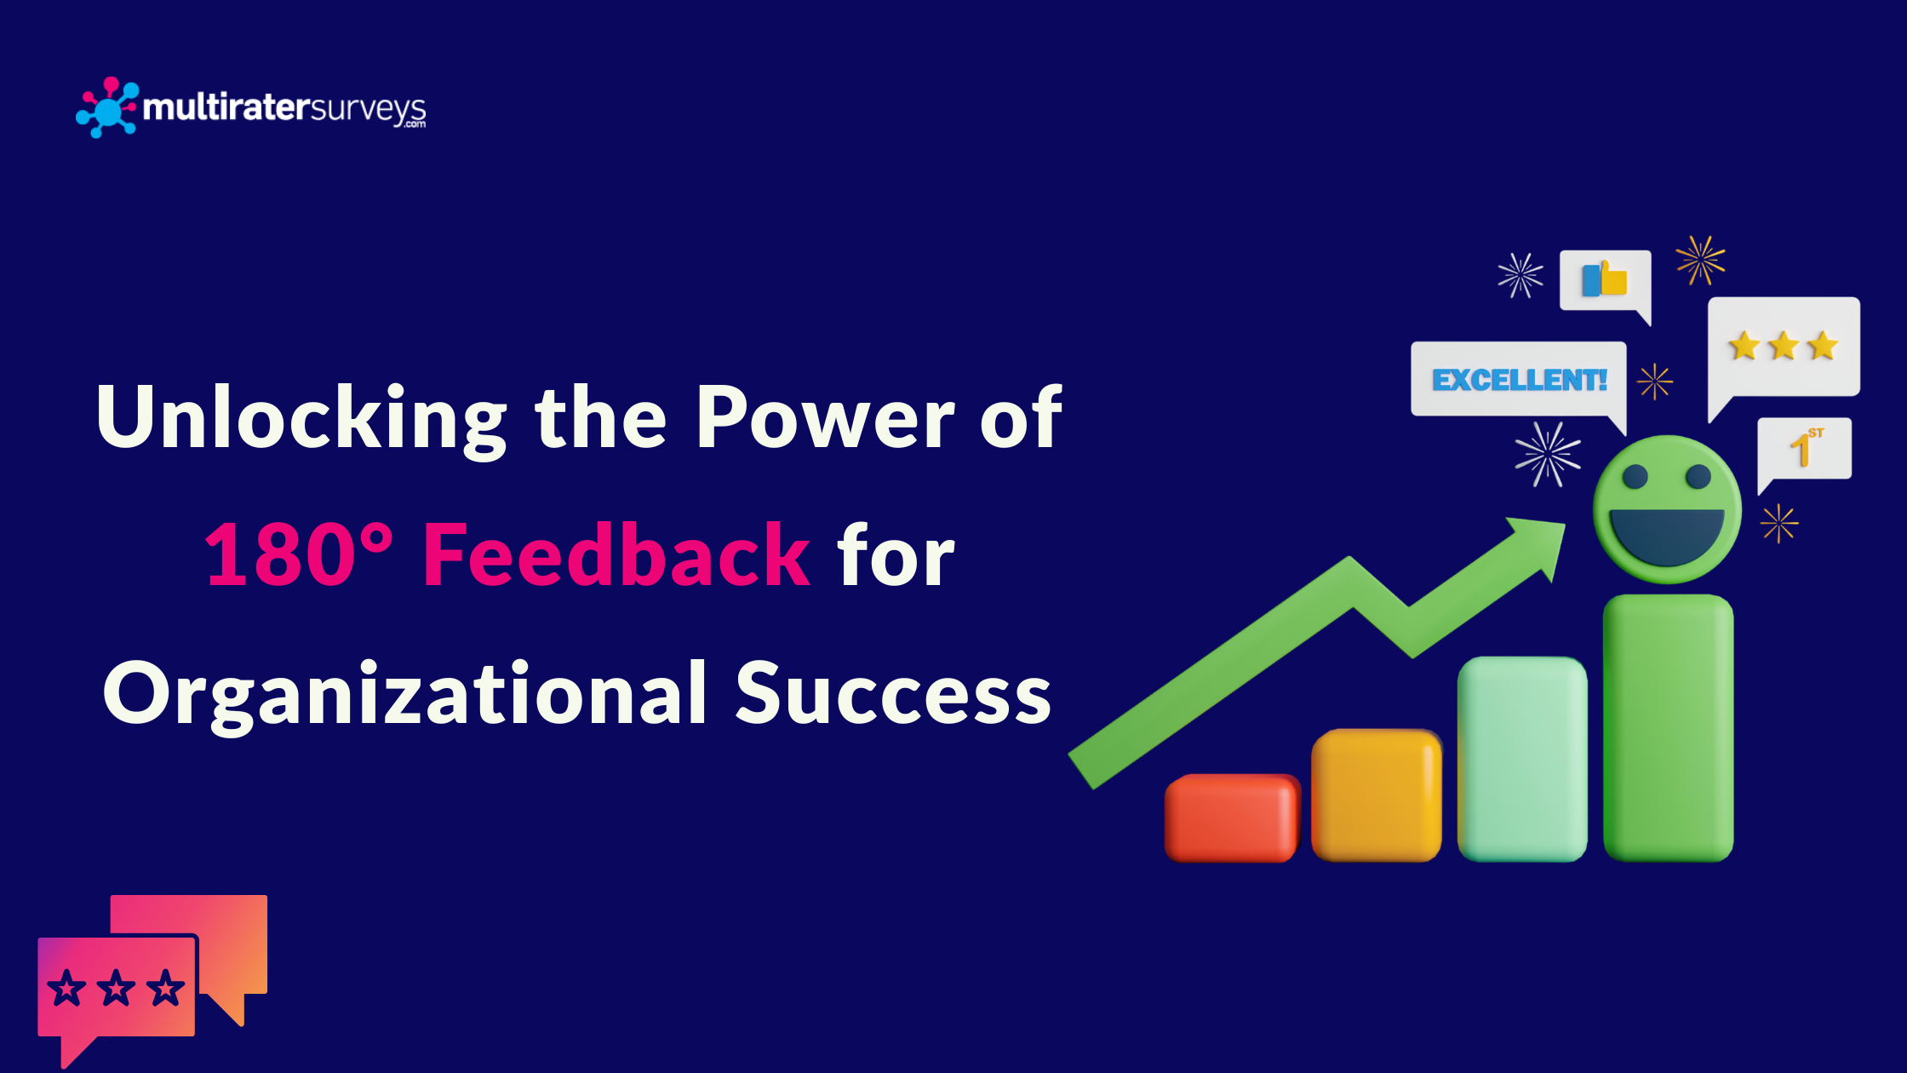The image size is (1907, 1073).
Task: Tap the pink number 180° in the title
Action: point(298,555)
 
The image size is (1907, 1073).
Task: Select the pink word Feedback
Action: point(616,555)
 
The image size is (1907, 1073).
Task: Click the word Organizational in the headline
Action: point(405,694)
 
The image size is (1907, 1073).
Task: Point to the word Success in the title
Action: point(893,694)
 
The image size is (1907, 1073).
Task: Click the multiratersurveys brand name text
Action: point(284,108)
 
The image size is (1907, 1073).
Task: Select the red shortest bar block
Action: point(1231,818)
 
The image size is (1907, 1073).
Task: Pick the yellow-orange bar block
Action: point(1376,795)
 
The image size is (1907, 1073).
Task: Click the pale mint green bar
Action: point(1522,758)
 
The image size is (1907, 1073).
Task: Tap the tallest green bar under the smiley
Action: point(1668,728)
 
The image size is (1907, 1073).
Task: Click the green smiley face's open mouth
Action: point(1667,535)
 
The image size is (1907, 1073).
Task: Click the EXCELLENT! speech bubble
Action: point(1519,380)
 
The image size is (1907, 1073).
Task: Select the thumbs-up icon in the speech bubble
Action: point(1605,279)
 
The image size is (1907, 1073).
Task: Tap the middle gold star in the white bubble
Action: point(1783,346)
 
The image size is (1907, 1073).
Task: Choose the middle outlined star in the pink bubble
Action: point(116,989)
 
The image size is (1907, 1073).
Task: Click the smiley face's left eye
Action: point(1635,477)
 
